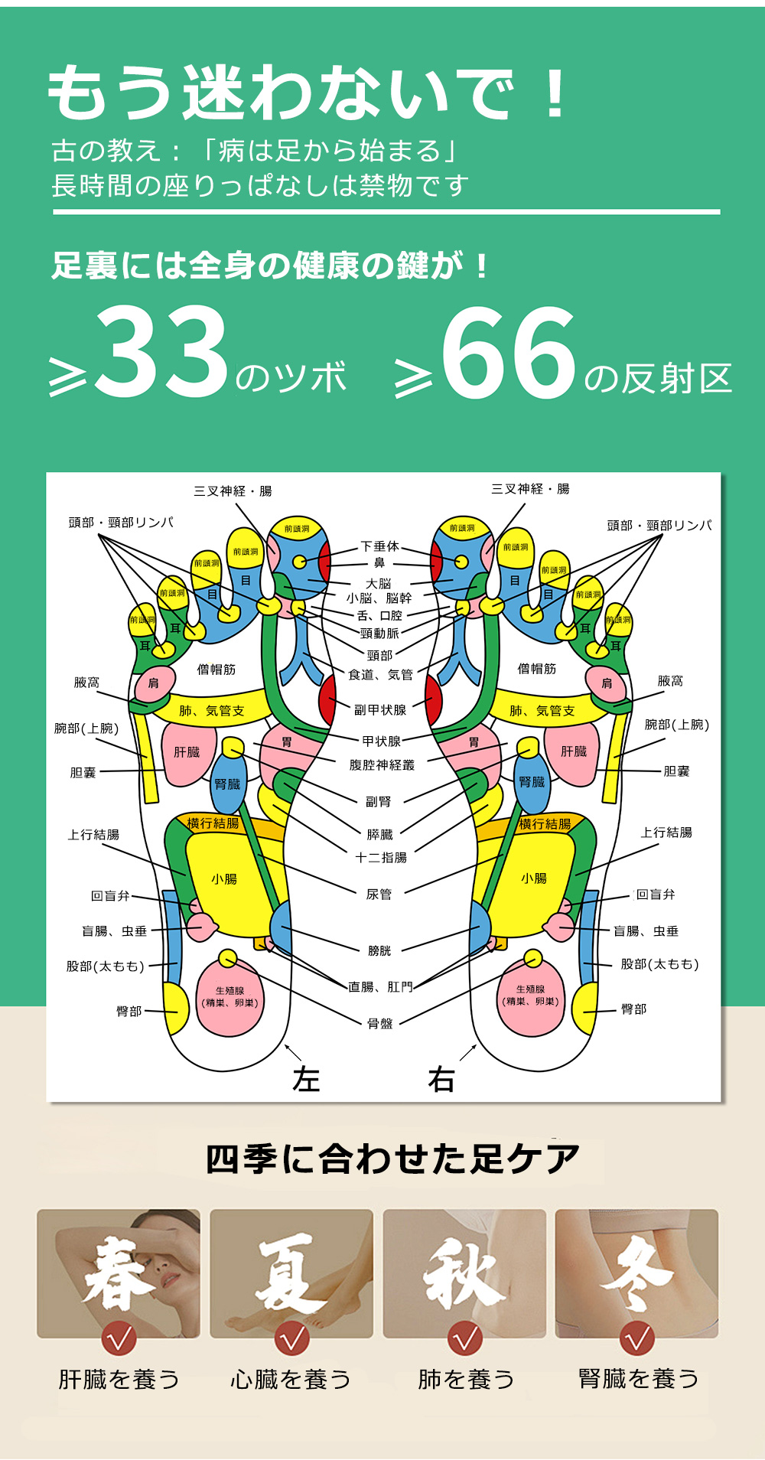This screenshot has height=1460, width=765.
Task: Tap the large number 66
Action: (508, 352)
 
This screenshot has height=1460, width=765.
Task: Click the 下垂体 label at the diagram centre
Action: (379, 546)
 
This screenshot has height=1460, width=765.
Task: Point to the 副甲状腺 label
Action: (379, 709)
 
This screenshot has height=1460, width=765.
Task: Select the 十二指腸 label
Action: (380, 857)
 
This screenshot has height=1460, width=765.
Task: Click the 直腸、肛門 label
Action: (380, 987)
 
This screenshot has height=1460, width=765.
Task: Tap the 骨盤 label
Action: (379, 1023)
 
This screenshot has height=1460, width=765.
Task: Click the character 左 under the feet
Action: (306, 1079)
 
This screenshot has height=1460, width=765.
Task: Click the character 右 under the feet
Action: (441, 1079)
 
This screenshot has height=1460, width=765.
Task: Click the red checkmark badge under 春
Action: (119, 1338)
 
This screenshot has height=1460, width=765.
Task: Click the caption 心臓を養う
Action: (291, 1379)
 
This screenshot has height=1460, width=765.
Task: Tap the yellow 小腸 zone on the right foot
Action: (533, 880)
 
